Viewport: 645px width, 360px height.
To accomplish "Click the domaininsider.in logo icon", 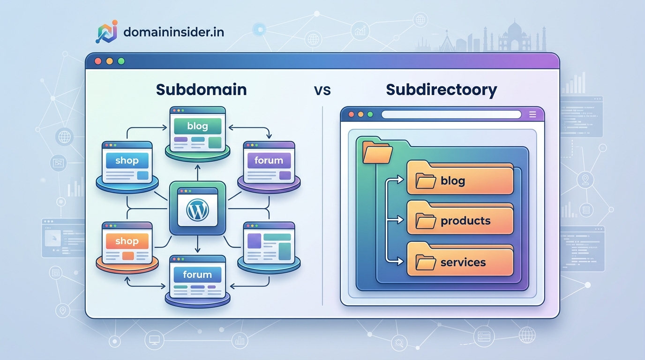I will (x=107, y=32).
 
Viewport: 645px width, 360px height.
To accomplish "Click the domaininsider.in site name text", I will (x=173, y=32).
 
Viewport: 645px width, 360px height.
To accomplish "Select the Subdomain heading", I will (x=201, y=89).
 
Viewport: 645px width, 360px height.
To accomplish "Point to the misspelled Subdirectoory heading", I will (x=441, y=89).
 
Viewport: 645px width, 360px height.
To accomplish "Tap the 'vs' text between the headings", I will (x=322, y=90).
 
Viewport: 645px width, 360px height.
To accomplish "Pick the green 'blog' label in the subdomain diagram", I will (x=197, y=126).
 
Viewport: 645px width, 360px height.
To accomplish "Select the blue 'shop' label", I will (x=127, y=161).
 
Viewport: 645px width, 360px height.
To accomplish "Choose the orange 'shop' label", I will (x=127, y=241).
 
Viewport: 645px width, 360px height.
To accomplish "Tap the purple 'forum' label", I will (x=269, y=160).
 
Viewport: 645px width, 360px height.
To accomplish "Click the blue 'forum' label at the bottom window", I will (x=197, y=275).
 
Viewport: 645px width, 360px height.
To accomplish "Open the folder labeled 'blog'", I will (x=460, y=180).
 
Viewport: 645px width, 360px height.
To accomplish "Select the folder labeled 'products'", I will (x=460, y=220).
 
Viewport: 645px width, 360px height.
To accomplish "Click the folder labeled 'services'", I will (x=460, y=262).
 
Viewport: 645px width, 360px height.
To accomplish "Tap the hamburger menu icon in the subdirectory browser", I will (x=532, y=114).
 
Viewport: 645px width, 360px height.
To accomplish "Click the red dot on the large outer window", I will (x=98, y=61).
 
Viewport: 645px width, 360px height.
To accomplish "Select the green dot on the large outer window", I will (x=121, y=61).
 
